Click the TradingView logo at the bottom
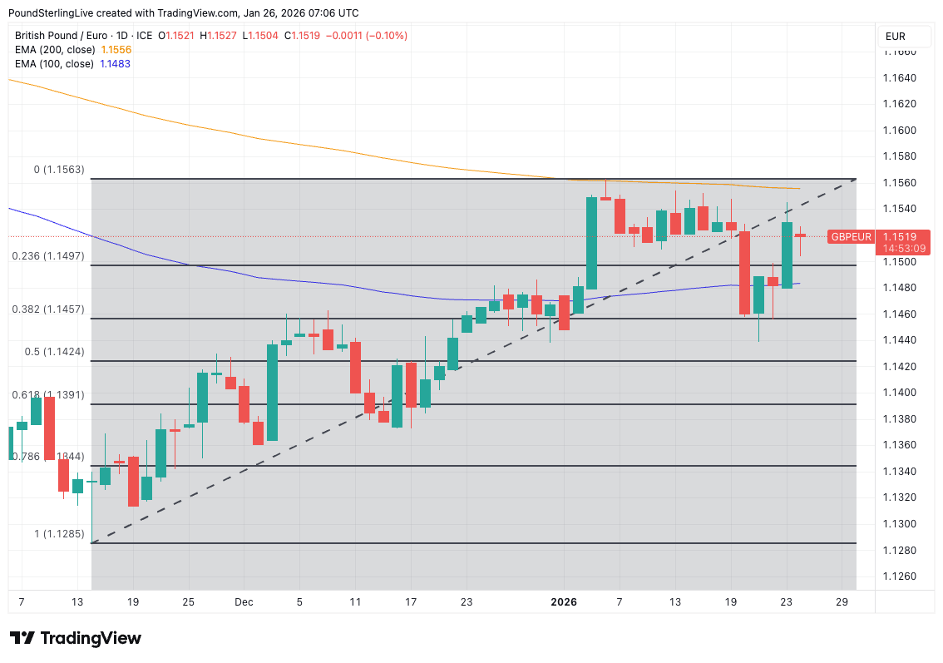(76, 638)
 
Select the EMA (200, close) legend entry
(73, 50)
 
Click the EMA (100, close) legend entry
(72, 64)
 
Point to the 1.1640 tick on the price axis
(899, 78)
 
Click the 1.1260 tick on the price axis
(899, 576)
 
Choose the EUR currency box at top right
(896, 37)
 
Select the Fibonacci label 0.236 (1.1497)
(48, 256)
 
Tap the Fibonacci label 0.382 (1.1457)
(48, 309)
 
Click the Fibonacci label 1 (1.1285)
(58, 533)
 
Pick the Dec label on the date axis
(244, 601)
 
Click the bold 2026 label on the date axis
(564, 601)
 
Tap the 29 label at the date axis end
(842, 601)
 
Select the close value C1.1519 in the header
(301, 36)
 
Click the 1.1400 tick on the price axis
(899, 393)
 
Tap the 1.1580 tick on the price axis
(899, 156)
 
